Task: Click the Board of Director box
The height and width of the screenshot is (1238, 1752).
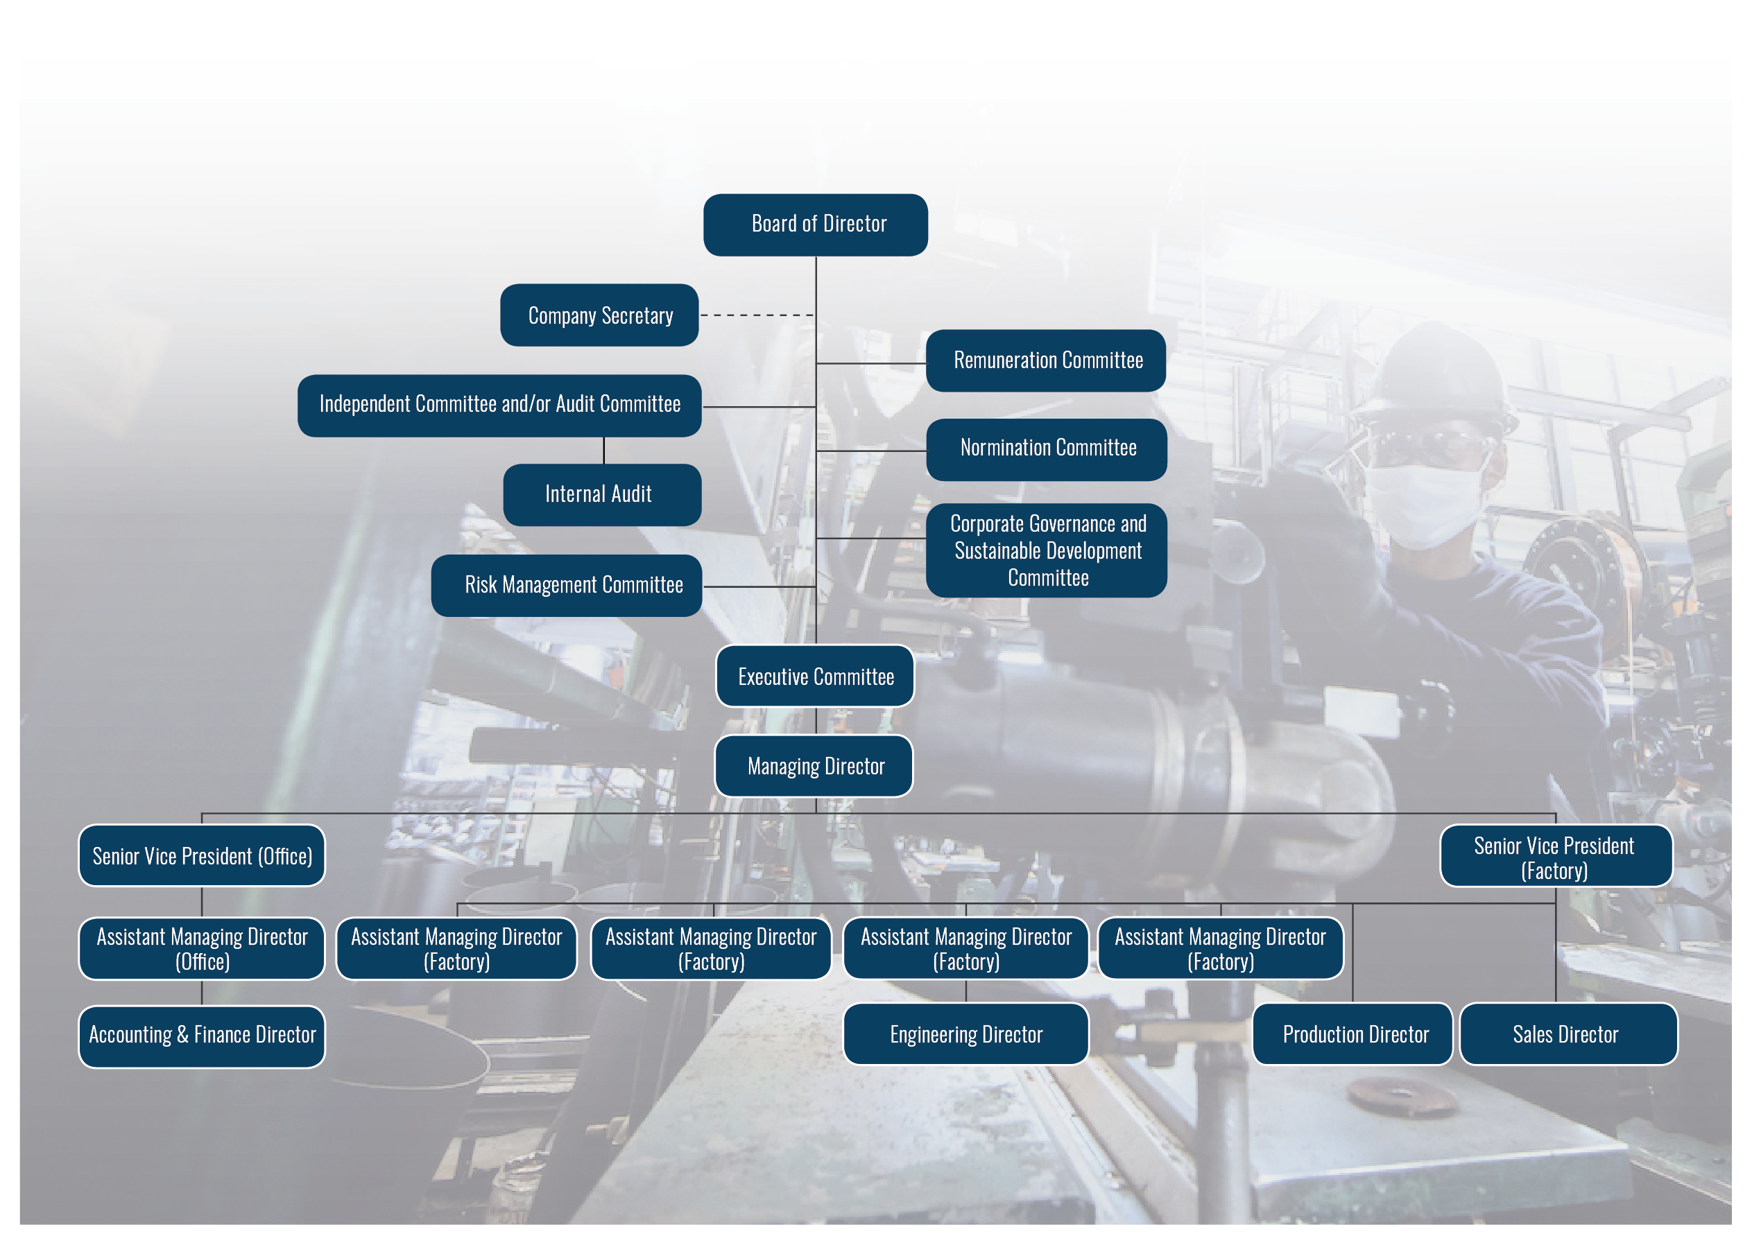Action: (815, 225)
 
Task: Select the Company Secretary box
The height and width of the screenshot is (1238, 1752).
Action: (600, 315)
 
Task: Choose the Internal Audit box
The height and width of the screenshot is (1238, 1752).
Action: (602, 494)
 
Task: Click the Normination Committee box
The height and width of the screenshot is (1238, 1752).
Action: (1046, 449)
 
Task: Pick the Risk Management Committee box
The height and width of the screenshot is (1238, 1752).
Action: (566, 585)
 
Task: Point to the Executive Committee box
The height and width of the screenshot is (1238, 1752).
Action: (815, 676)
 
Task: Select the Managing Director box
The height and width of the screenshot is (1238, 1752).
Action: (814, 766)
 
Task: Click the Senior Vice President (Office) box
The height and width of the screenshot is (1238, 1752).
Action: (201, 855)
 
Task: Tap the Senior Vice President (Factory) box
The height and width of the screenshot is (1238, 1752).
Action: (1556, 855)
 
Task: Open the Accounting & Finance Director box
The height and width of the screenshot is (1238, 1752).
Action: (201, 1036)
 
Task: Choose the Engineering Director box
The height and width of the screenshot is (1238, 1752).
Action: (965, 1034)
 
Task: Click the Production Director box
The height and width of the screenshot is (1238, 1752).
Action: (1352, 1034)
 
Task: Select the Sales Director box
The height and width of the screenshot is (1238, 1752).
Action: (1568, 1034)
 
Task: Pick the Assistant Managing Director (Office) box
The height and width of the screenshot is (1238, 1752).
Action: (201, 948)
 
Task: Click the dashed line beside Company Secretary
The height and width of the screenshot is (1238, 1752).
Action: (757, 315)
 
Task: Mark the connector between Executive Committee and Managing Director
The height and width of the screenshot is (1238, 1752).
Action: (816, 722)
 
